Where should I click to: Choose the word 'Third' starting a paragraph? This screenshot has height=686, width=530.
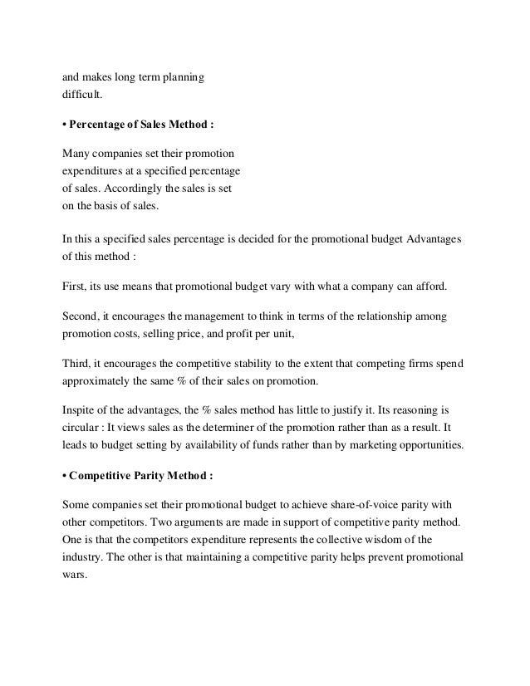[x=79, y=365]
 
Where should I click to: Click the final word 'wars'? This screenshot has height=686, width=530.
[x=75, y=578]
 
